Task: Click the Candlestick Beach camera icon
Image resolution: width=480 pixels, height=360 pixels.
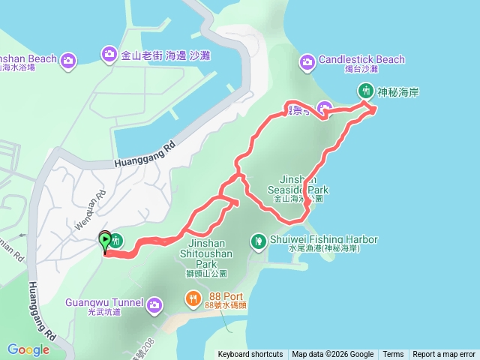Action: (x=307, y=60)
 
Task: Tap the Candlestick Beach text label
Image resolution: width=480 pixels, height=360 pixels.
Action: (x=361, y=59)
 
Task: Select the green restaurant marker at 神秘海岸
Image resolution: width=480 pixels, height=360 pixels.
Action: (x=366, y=90)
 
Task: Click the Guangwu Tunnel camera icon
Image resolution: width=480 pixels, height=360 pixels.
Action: (x=154, y=304)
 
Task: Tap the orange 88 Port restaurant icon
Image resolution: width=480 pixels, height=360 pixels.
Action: (x=193, y=299)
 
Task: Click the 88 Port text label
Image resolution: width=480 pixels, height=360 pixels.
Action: (x=221, y=295)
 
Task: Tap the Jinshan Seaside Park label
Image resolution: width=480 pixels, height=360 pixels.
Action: (x=298, y=190)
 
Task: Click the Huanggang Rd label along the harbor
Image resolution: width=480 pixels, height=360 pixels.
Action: (x=145, y=156)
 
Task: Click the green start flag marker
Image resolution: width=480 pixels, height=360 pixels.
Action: (x=105, y=240)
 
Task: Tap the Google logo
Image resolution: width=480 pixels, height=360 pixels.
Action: (x=28, y=349)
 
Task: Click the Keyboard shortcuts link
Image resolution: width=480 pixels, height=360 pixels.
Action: (x=250, y=355)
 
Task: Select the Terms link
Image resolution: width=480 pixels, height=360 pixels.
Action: (x=393, y=355)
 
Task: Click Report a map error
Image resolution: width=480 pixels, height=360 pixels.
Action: (x=444, y=355)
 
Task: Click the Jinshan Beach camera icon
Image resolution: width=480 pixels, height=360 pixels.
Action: (x=68, y=58)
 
